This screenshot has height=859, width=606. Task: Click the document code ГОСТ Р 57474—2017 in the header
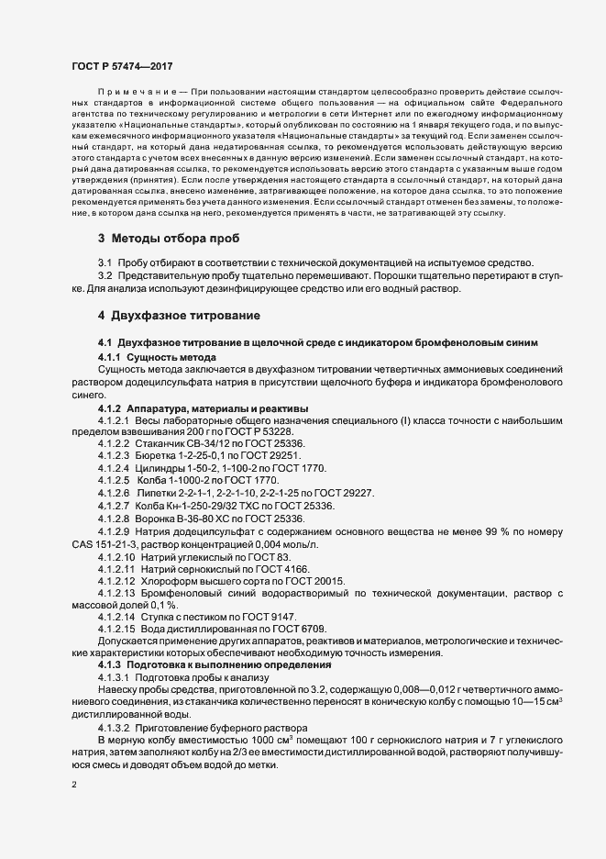click(x=122, y=66)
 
